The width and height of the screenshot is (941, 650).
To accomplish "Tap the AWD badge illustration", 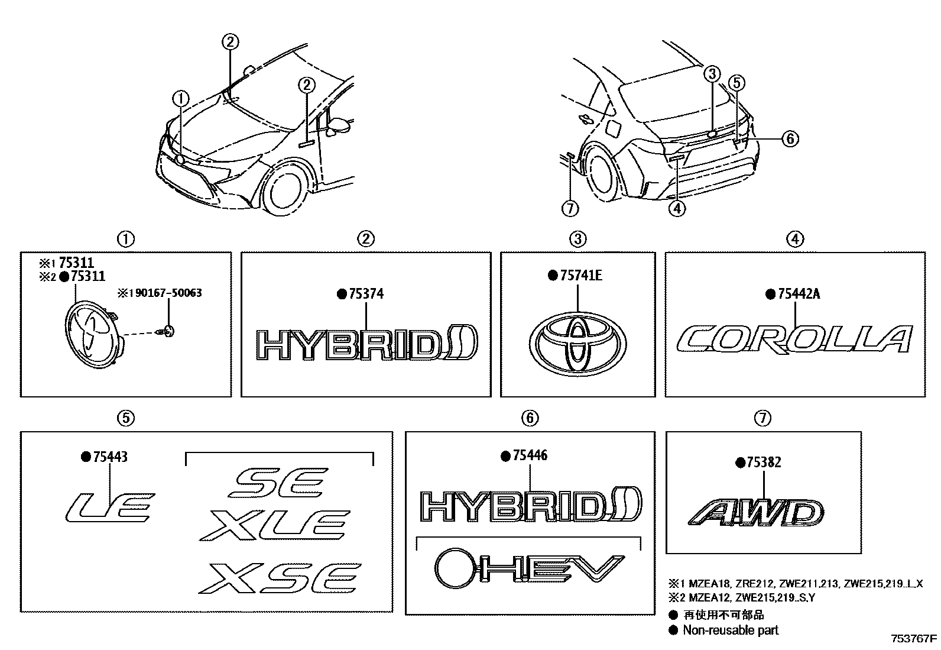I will [x=755, y=513].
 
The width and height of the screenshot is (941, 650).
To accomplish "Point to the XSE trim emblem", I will [x=280, y=578].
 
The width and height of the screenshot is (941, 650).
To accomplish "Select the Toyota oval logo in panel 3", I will [x=578, y=343].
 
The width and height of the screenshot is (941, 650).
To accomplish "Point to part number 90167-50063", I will [x=167, y=293].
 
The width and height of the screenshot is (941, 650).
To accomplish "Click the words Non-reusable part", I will [x=731, y=630].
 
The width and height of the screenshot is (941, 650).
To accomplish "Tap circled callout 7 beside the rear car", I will [x=570, y=208].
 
